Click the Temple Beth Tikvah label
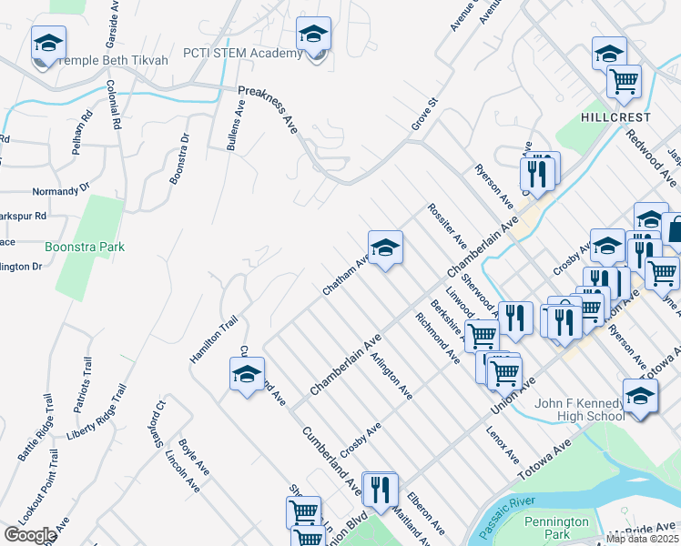tap(113, 60)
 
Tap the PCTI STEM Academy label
tap(243, 53)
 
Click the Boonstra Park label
tap(85, 247)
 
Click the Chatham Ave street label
tap(346, 275)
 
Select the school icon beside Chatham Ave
tap(385, 248)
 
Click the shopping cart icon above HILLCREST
tap(624, 81)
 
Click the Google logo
tap(29, 535)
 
